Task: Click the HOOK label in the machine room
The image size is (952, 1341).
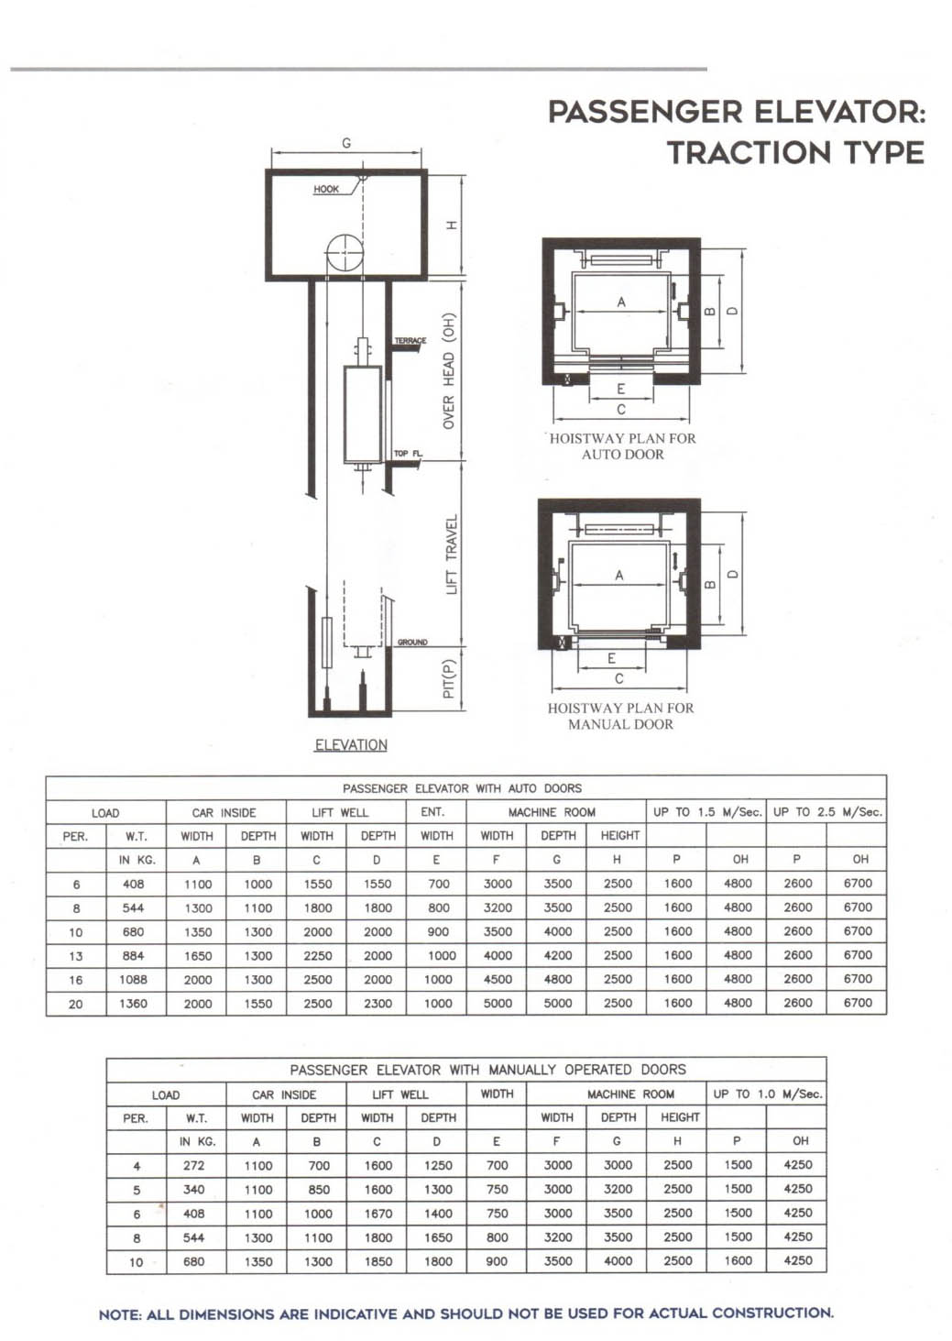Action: point(326,189)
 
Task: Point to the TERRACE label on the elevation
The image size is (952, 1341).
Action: point(410,341)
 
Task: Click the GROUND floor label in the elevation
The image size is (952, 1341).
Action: point(412,643)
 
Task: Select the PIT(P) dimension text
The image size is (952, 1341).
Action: point(449,678)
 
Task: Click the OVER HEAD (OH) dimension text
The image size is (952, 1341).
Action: point(449,370)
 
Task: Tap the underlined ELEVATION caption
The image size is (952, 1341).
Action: point(351,744)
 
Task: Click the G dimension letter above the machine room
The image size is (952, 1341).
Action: point(346,143)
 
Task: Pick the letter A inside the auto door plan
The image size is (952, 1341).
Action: point(621,302)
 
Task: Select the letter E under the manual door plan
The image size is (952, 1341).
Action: point(611,658)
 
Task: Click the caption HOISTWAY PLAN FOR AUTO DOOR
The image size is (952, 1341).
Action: point(623,446)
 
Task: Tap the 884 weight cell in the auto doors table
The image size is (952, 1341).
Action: point(133,955)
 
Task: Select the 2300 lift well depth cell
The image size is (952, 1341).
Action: point(378,1004)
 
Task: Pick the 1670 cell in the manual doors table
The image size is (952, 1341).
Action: point(378,1214)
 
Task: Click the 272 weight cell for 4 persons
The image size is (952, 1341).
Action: point(194,1166)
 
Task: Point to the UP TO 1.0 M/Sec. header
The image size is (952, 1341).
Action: point(768,1094)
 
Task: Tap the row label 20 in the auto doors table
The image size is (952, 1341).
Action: point(75,1004)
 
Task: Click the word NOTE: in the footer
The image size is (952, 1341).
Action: point(120,1314)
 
